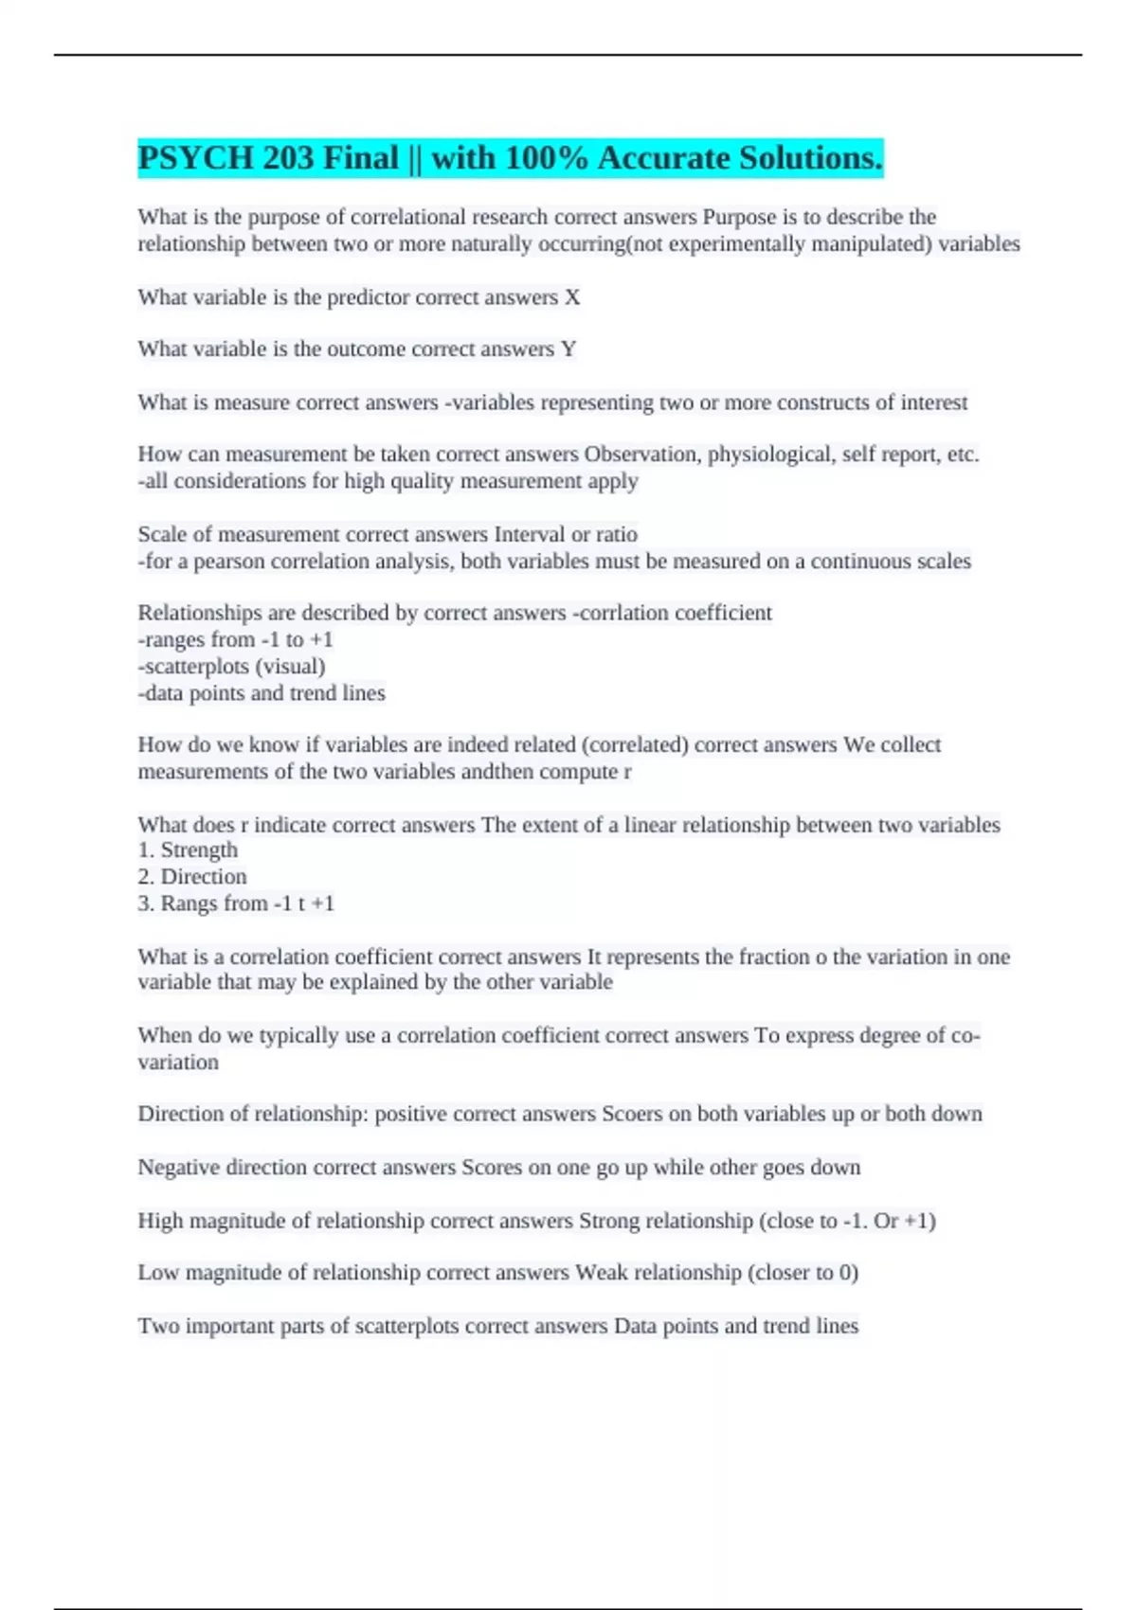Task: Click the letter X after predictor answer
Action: coord(572,297)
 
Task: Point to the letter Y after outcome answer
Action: coord(568,349)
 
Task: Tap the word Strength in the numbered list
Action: coord(199,850)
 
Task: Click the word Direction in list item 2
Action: coord(203,877)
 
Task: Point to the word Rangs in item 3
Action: coord(187,903)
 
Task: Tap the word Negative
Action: coord(179,1168)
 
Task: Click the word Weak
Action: coord(601,1273)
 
